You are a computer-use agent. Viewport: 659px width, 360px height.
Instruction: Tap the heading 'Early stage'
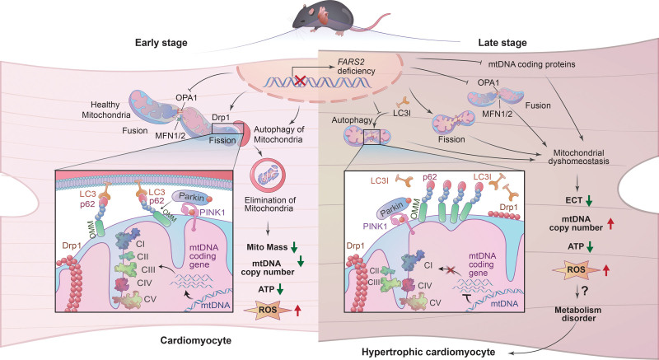click(161, 43)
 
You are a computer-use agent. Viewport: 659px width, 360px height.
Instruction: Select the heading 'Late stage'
click(502, 43)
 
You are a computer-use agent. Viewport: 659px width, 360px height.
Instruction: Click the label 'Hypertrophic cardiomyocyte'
click(428, 352)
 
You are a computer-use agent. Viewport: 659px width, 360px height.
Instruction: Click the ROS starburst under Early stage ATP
click(267, 311)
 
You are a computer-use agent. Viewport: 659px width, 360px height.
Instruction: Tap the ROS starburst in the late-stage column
click(576, 269)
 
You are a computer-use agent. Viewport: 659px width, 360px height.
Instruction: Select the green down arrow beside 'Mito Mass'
click(294, 247)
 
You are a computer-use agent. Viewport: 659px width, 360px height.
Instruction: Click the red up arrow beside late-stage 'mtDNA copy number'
click(611, 224)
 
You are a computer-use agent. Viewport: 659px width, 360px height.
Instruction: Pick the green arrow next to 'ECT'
click(589, 200)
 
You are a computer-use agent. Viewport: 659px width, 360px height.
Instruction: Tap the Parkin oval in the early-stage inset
click(192, 197)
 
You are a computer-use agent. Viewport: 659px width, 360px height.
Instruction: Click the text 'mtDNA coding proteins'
click(531, 64)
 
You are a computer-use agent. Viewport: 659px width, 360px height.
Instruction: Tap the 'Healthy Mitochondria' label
click(106, 110)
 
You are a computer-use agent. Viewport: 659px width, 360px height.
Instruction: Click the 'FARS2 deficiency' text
click(356, 68)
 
